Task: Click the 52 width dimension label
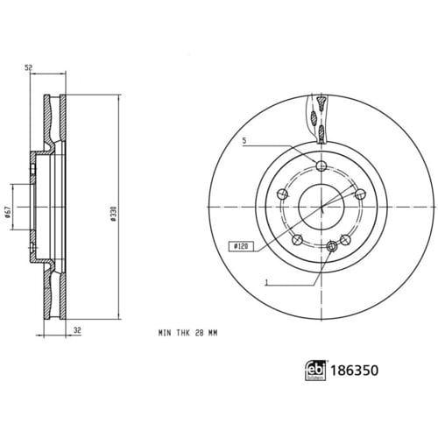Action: point(28,67)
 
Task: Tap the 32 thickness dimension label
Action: point(77,330)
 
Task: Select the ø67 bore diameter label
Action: point(8,212)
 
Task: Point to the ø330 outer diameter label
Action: point(114,214)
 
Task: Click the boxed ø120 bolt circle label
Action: point(241,246)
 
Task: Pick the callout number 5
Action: point(244,141)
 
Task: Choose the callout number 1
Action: point(266,283)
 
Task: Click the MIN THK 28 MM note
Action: point(187,333)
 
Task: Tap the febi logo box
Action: point(315,371)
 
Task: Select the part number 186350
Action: point(354,371)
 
